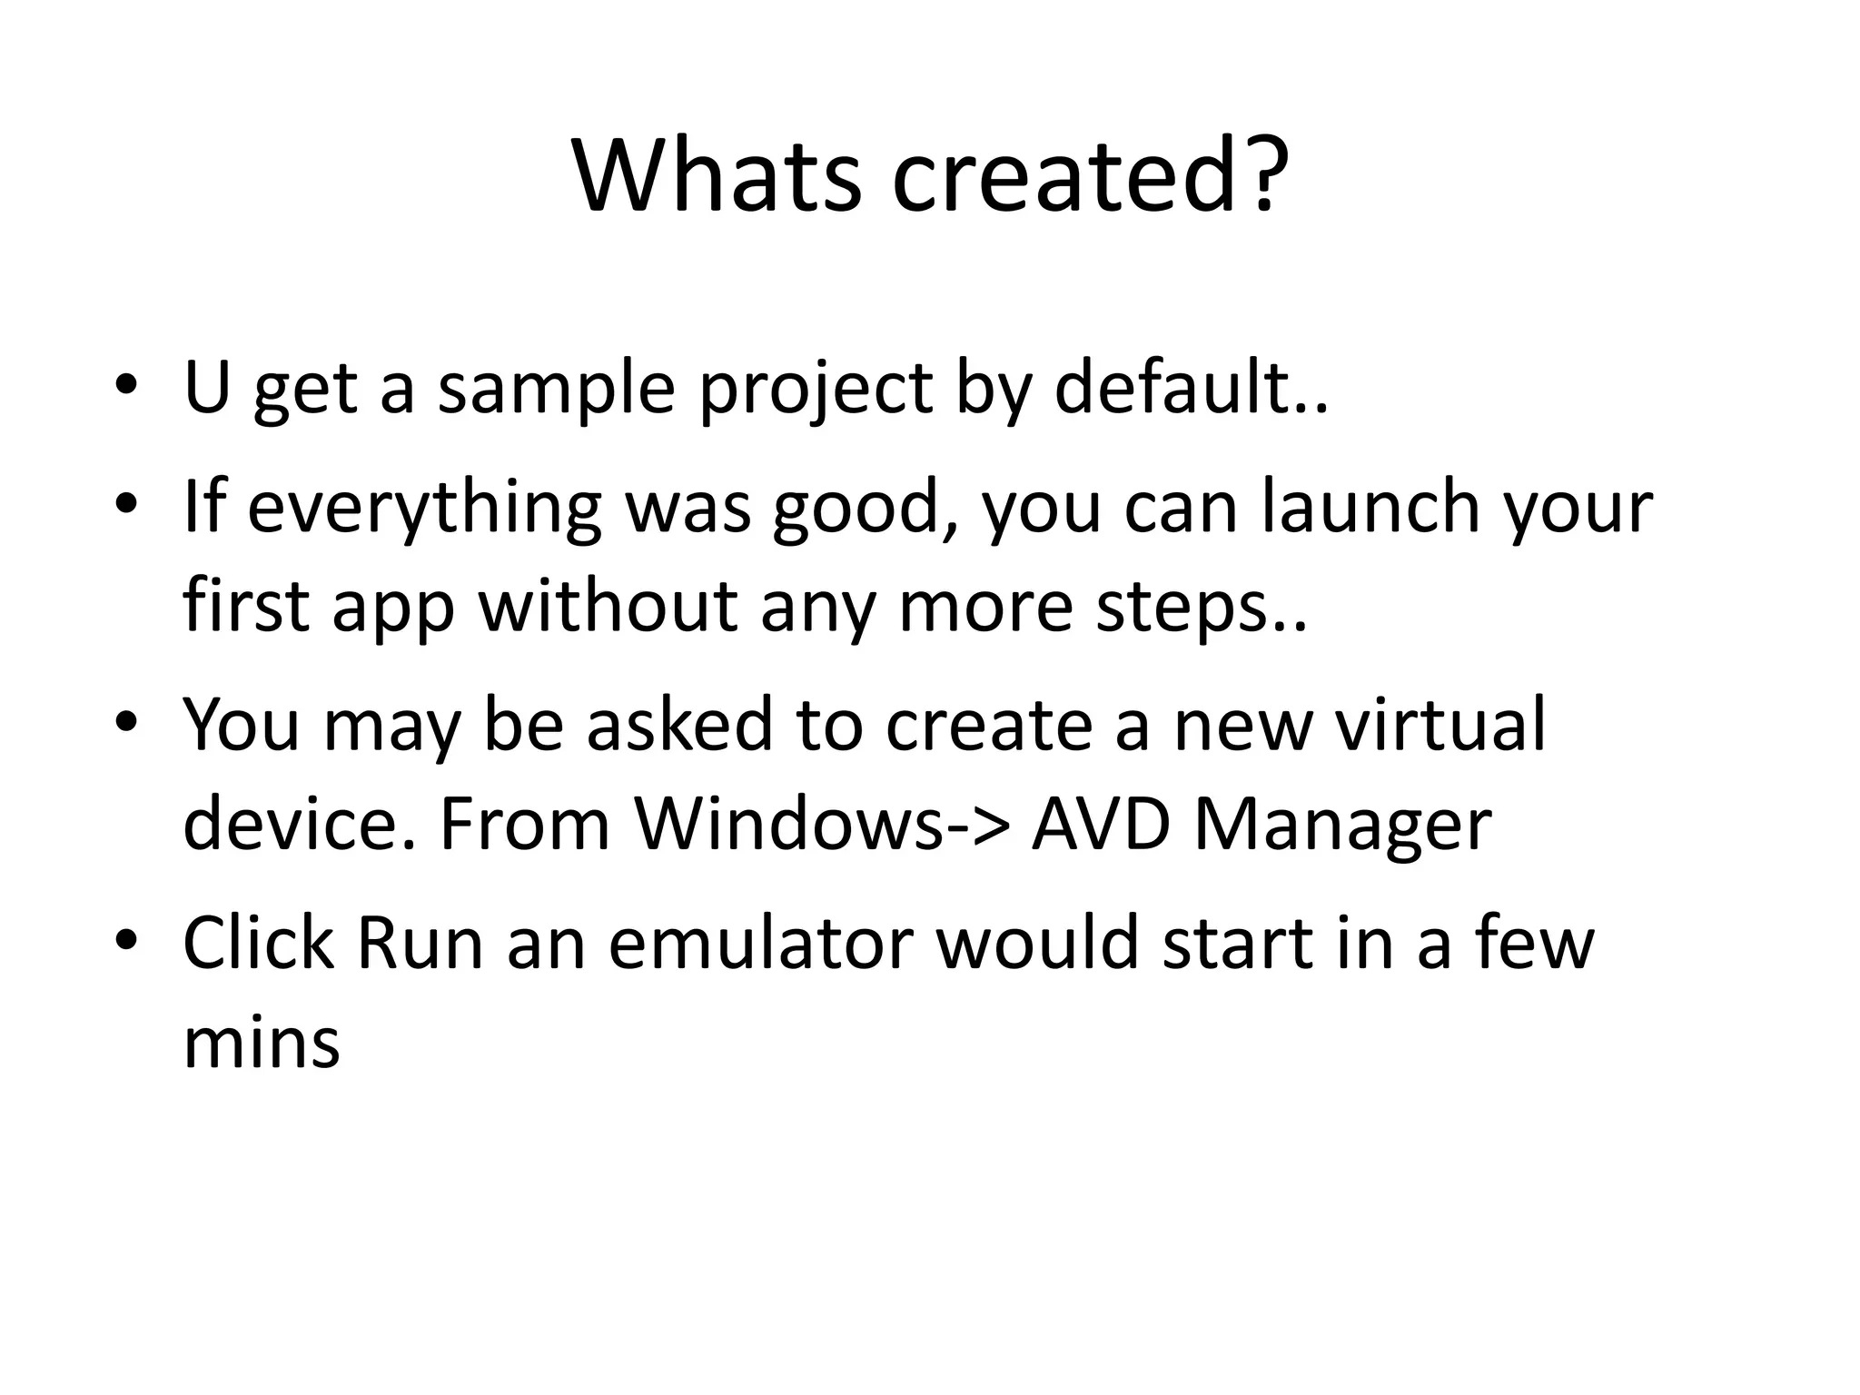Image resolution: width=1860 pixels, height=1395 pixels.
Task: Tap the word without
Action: [x=608, y=606]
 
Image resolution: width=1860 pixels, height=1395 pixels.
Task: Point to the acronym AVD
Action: [x=1100, y=824]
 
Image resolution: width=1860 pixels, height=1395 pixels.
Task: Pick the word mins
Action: [x=262, y=1042]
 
